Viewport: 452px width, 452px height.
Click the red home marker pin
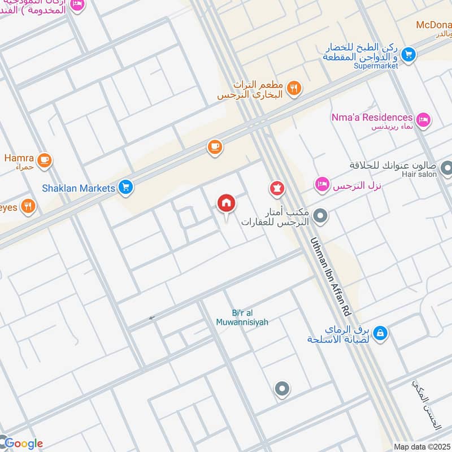point(226,203)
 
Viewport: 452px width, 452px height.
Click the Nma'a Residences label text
point(372,117)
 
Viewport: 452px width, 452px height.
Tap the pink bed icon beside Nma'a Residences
point(423,119)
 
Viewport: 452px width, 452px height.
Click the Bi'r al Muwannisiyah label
point(242,318)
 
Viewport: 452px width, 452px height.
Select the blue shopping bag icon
point(381,333)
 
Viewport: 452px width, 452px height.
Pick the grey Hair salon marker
point(446,168)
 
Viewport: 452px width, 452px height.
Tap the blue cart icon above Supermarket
point(409,54)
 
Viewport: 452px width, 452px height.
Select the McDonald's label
point(433,25)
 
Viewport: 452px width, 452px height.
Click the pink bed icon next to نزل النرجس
point(322,185)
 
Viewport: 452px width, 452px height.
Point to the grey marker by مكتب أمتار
point(320,215)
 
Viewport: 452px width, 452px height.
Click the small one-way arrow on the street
point(151,319)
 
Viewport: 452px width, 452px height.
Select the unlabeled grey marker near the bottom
point(281,389)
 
